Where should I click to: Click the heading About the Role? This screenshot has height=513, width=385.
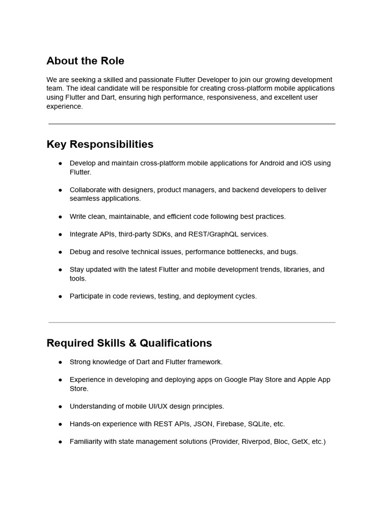point(85,61)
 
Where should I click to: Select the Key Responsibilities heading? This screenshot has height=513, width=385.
point(100,144)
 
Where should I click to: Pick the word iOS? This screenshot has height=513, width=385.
point(307,163)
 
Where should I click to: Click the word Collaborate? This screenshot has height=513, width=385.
point(88,190)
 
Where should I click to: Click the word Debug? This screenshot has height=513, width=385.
point(80,252)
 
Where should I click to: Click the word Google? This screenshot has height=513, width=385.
point(237,380)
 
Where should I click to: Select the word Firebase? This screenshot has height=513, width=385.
point(230,424)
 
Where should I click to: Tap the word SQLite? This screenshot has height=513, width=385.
point(259,424)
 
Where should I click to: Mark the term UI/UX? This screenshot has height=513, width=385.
point(150,406)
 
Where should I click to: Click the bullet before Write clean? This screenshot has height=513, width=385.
point(60,217)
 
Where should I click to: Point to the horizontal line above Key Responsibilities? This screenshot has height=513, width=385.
point(192,124)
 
